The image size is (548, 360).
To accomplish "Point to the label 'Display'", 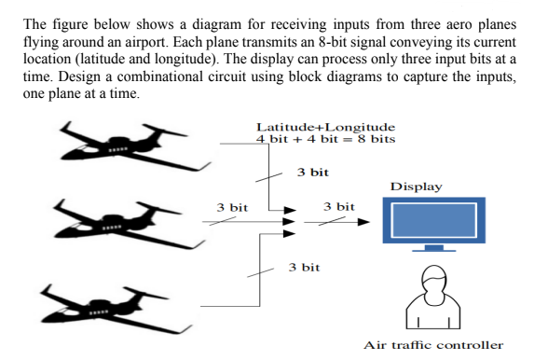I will (417, 187).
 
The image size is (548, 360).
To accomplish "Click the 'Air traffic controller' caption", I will (433, 345).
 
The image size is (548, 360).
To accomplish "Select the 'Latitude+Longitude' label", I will (325, 127).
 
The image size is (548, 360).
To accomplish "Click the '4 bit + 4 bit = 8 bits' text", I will (325, 139).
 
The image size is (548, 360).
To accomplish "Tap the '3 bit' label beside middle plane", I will (232, 207).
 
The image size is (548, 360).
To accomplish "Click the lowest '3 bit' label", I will (305, 267).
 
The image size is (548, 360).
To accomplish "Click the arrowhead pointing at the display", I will (363, 222).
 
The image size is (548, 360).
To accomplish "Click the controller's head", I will (430, 278).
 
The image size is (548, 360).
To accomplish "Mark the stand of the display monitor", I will (428, 248).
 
